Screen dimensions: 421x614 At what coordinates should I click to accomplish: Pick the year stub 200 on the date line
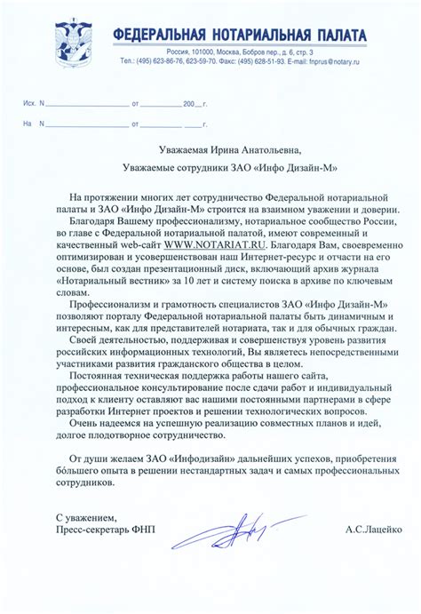187,104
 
